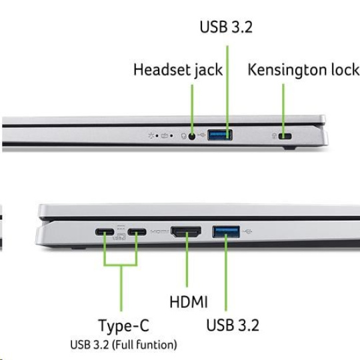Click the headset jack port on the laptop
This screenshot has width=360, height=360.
pos(192,137)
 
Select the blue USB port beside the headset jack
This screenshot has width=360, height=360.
pos(220,135)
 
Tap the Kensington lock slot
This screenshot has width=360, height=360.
pos(285,137)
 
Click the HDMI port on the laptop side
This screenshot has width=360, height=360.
pos(186,232)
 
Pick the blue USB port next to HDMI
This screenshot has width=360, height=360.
pos(226,231)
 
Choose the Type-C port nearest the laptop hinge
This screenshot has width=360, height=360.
pos(105,232)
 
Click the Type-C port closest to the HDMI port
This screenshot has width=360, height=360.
pos(137,232)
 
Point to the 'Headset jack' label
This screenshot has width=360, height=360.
pos(178,70)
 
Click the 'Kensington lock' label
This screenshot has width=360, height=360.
pos(303,69)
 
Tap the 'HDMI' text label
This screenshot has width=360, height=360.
pos(189,302)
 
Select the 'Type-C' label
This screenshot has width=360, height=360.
pos(124,326)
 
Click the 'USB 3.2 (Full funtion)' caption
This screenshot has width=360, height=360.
pos(123,345)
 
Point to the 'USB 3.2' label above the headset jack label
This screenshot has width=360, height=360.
pos(226,27)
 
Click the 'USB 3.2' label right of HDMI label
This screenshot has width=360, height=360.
pos(233,325)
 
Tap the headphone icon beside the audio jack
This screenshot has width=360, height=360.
pos(184,136)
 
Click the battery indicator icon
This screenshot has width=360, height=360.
pos(165,136)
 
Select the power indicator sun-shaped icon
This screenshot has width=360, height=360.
pos(151,135)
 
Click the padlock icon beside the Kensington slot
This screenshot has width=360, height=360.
pos(274,136)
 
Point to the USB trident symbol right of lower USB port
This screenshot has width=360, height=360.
pos(247,231)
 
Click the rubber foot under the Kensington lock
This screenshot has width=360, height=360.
pos(289,148)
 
